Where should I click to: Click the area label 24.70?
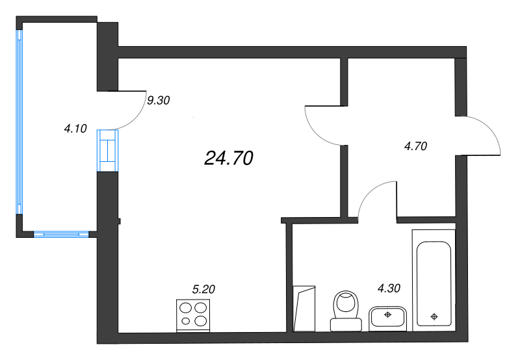tap(228, 158)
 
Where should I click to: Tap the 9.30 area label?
tap(159, 101)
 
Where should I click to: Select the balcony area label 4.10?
tap(75, 129)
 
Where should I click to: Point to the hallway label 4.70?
tap(415, 146)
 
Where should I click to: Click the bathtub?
tap(433, 283)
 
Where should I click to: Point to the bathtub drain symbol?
tap(434, 317)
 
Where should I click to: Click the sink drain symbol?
tap(387, 315)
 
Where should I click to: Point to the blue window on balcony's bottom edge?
tap(61, 233)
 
